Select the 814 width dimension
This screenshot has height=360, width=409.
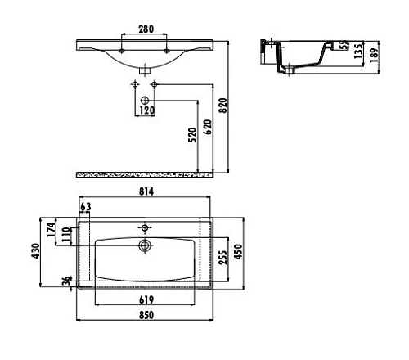[147, 191]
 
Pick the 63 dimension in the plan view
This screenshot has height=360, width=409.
[86, 206]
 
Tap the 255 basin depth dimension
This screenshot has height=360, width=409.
[221, 259]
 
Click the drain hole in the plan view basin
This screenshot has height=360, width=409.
[146, 245]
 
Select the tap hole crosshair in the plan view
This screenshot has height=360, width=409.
[146, 227]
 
